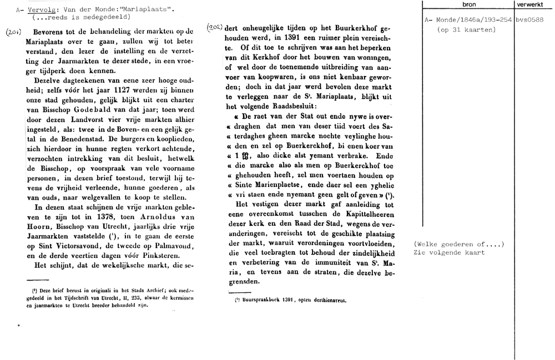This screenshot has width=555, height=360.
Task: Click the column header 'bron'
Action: coord(468,4)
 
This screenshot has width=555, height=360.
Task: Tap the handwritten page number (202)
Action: coord(214,27)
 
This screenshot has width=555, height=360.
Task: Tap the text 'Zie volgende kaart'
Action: coord(450,252)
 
